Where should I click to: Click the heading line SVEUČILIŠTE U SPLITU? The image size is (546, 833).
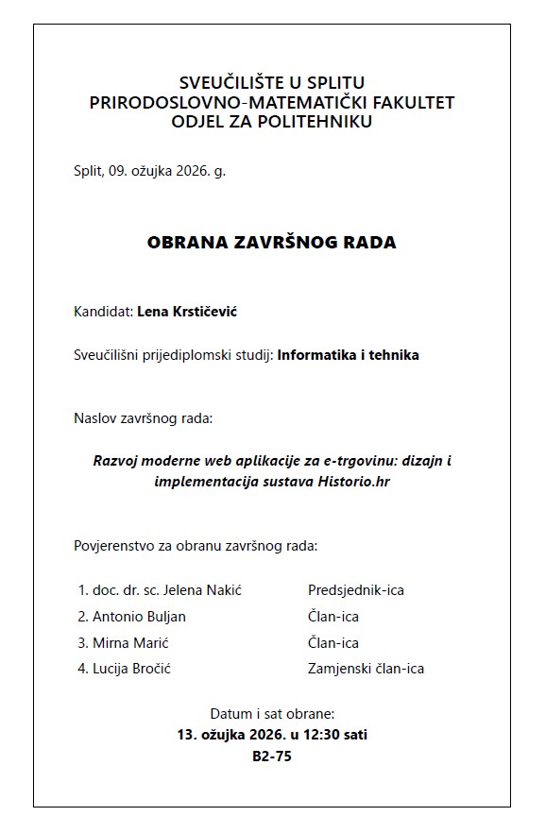272,82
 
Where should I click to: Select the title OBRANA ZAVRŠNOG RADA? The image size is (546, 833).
272,243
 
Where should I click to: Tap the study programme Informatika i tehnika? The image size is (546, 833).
348,355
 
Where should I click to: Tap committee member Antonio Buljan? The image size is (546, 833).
139,617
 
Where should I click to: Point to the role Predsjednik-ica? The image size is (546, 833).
356,590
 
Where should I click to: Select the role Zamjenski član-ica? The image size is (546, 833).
366,669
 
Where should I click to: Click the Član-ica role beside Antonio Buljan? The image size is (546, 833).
333,617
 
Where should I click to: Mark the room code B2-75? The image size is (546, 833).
272,756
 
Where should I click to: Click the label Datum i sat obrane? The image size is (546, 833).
272,713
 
